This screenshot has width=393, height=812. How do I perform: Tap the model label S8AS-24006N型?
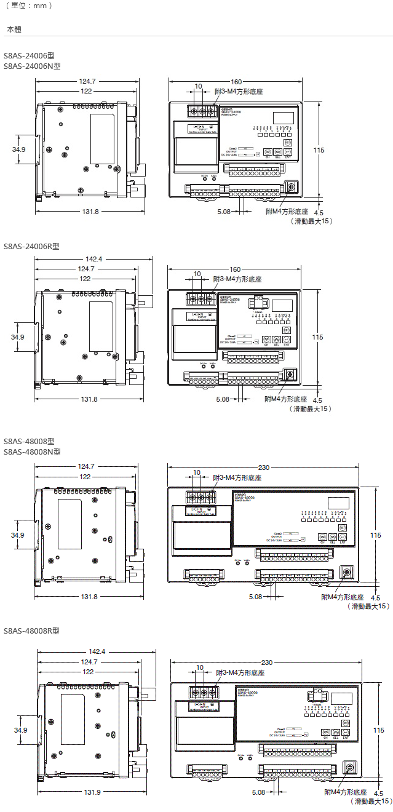click(32, 65)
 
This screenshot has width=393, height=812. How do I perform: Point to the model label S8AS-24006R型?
click(31, 246)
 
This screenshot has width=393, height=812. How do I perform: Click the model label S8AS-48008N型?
click(32, 452)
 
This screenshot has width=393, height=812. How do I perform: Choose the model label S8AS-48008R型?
click(31, 631)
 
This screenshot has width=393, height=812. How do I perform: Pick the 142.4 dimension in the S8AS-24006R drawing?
click(94, 259)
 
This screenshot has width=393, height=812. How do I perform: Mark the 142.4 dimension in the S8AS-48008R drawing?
click(97, 651)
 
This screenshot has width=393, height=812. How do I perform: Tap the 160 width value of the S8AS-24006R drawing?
click(235, 269)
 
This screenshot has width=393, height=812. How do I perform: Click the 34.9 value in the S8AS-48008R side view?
click(21, 730)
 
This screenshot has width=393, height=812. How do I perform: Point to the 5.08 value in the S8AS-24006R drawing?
click(224, 399)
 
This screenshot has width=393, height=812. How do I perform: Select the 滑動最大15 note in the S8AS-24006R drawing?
click(311, 408)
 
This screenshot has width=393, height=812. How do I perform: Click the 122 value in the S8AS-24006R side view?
click(85, 279)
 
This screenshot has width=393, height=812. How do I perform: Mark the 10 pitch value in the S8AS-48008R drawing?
click(200, 667)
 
